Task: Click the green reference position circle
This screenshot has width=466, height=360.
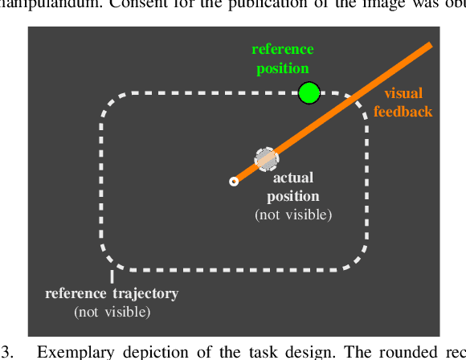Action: pos(309,93)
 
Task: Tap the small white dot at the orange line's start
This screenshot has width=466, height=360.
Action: pos(233,182)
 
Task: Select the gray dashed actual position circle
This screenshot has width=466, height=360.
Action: pos(266,158)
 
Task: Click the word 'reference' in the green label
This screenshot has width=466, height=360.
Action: pos(282,51)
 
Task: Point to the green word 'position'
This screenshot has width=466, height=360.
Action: pos(282,69)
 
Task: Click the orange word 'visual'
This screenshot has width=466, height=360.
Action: pos(403,94)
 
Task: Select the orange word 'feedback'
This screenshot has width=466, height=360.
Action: pos(403,112)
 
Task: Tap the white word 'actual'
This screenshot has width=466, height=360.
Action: pos(292,178)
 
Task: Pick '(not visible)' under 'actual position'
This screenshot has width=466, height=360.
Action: pos(293,215)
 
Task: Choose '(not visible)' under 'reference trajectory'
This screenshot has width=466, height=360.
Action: pos(112,311)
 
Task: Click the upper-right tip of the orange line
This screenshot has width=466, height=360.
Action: pos(431,45)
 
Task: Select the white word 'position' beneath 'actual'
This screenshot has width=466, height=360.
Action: pos(292,197)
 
